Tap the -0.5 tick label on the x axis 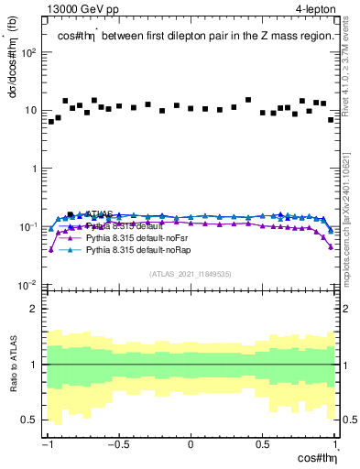click(118, 444)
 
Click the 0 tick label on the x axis click(191, 444)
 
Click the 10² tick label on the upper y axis click(29, 51)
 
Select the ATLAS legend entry click(100, 214)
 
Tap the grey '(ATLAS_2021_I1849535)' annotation click(190, 273)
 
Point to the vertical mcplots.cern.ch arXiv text click(343, 211)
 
